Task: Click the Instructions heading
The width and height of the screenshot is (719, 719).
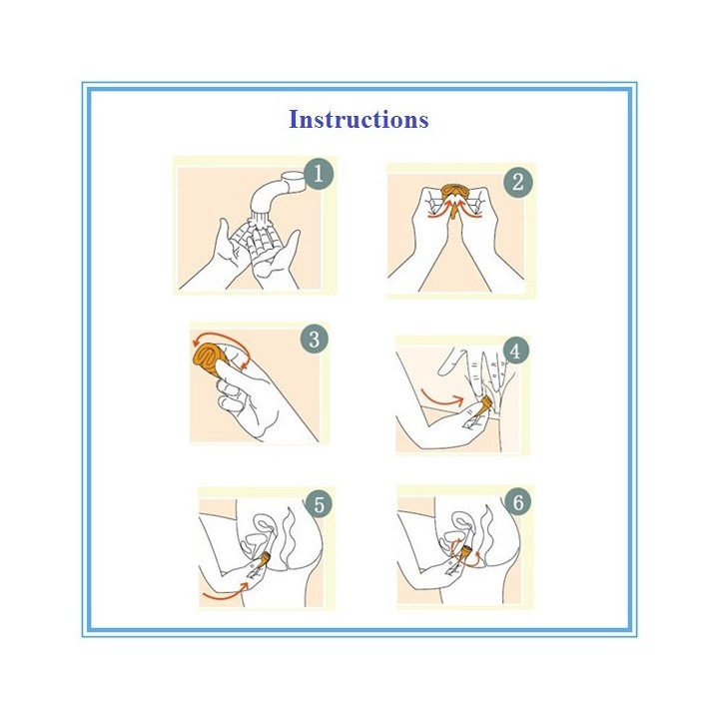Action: click(359, 120)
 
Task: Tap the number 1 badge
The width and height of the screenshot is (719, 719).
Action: click(319, 174)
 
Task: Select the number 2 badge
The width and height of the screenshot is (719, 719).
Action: click(517, 182)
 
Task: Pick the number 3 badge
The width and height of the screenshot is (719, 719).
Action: click(315, 340)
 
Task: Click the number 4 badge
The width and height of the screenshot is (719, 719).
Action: click(515, 351)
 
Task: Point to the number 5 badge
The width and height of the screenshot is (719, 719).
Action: click(320, 504)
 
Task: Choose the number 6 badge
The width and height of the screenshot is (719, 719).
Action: click(518, 502)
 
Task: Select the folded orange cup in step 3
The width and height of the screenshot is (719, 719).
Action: click(209, 360)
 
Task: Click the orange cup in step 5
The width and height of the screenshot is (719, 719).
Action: click(265, 559)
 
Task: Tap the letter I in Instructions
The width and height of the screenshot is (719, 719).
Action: click(295, 120)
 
